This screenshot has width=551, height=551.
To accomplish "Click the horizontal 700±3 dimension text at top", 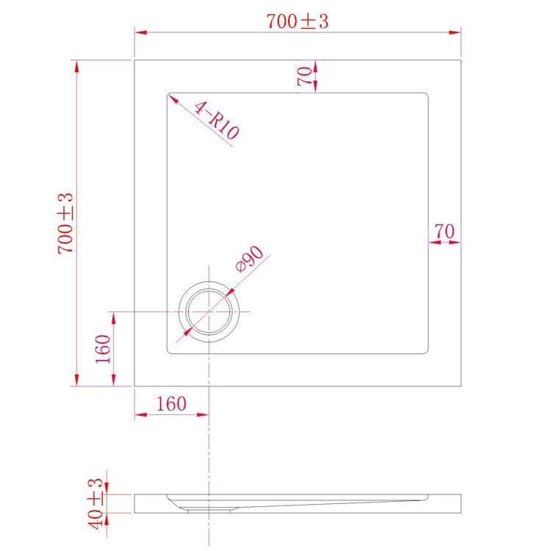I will (x=297, y=21).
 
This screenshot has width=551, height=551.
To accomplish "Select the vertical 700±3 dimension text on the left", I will (x=66, y=223).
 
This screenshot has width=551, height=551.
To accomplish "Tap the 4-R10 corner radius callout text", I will (x=216, y=121).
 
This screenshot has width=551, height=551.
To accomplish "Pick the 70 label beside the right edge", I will (x=444, y=231).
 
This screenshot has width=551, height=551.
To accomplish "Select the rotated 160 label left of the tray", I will (x=103, y=349).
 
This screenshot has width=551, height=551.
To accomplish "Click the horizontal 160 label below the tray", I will (x=170, y=403).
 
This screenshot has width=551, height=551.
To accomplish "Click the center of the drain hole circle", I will (x=209, y=311).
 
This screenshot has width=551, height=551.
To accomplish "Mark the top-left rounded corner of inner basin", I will (x=170, y=96).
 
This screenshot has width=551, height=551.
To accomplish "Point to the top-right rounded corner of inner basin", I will (x=425, y=96).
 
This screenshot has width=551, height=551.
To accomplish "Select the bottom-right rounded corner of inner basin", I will (x=425, y=350).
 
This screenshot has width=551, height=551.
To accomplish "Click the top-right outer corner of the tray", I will (x=461, y=60).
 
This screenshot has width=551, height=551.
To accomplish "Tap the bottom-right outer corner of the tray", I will (x=461, y=385).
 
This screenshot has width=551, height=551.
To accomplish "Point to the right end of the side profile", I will (x=460, y=503).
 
